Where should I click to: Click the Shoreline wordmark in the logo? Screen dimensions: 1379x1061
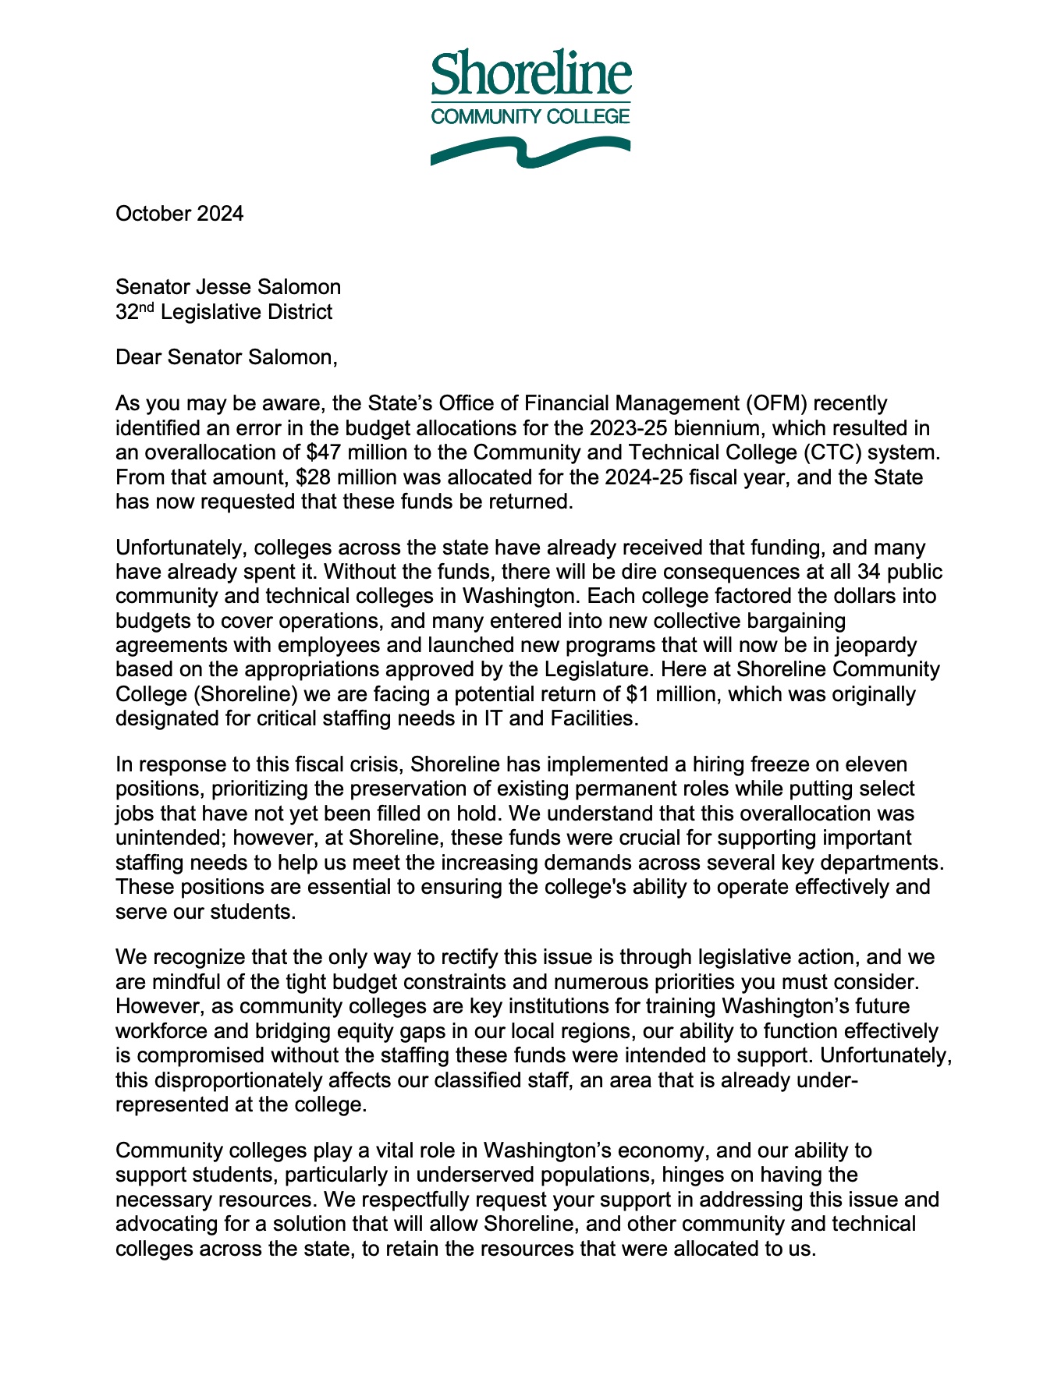530,72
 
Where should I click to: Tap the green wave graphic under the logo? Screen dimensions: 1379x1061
530,151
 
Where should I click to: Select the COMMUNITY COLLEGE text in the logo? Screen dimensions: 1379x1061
530,117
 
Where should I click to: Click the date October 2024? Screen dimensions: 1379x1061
179,214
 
